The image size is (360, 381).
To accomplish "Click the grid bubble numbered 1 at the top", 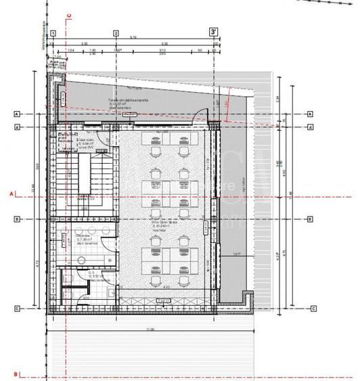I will [53, 32].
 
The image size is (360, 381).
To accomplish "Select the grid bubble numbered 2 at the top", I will [116, 32].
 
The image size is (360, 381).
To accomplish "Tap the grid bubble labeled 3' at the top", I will [214, 32].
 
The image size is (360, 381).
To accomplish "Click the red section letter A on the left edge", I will [12, 194].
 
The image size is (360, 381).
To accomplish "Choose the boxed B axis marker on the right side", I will [310, 219].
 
